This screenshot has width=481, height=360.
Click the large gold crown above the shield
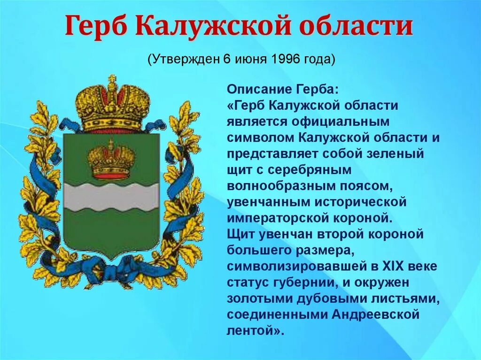click(112, 106)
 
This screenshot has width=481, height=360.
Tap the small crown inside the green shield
click(111, 161)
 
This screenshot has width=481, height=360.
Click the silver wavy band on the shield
click(111, 197)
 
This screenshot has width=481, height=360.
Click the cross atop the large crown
click(112, 80)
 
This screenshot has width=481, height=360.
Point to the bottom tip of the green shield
click(111, 258)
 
